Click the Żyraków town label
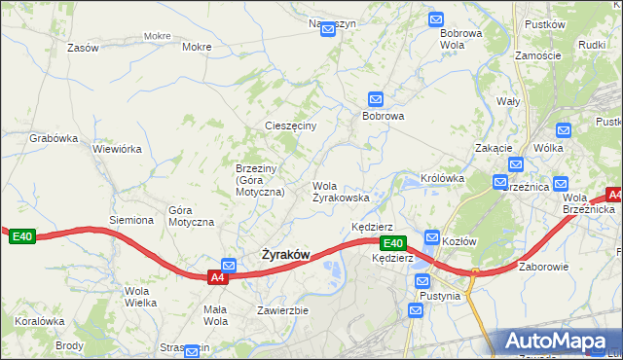(285, 255)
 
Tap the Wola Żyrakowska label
(340, 191)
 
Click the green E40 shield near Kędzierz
(392, 243)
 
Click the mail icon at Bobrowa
(376, 98)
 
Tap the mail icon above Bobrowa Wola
(435, 18)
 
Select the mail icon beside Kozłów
(432, 236)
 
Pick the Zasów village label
(83, 47)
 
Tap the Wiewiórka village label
(117, 150)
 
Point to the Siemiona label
(131, 220)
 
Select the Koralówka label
(39, 320)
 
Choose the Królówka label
(442, 178)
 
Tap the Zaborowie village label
(543, 267)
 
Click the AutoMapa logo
(560, 342)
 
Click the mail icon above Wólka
(562, 129)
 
